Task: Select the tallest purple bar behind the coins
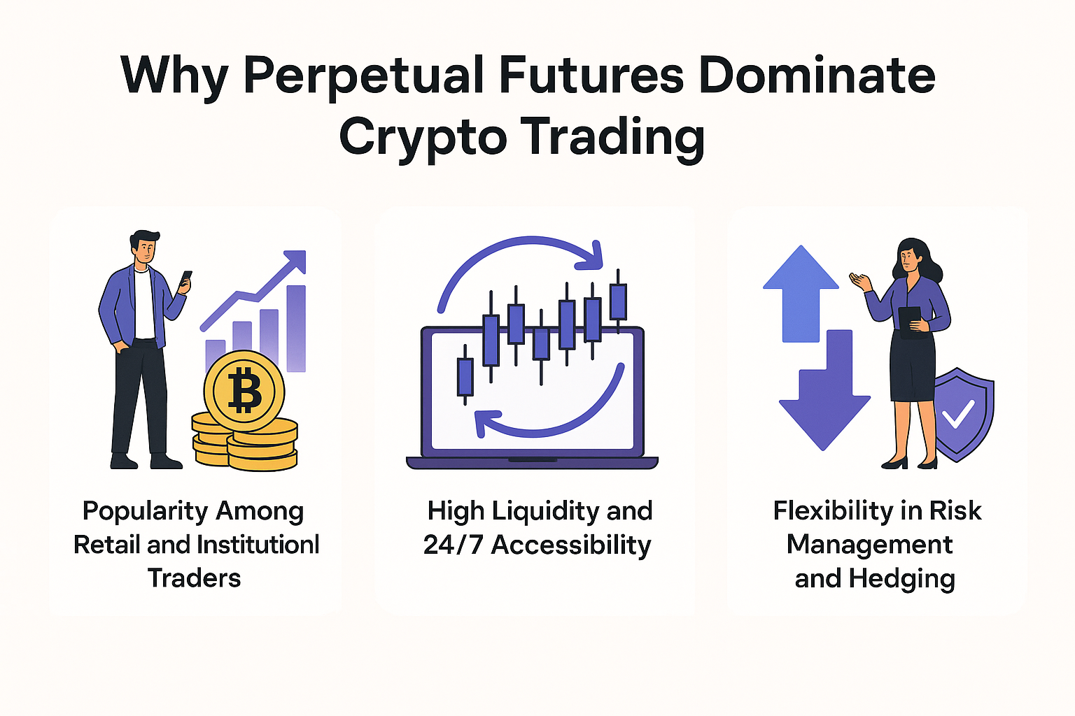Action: (296, 327)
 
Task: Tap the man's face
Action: (145, 250)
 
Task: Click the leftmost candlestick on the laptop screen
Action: (465, 376)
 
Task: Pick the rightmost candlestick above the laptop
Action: (618, 301)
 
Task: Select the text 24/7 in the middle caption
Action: (453, 545)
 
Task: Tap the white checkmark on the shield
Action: (958, 414)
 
